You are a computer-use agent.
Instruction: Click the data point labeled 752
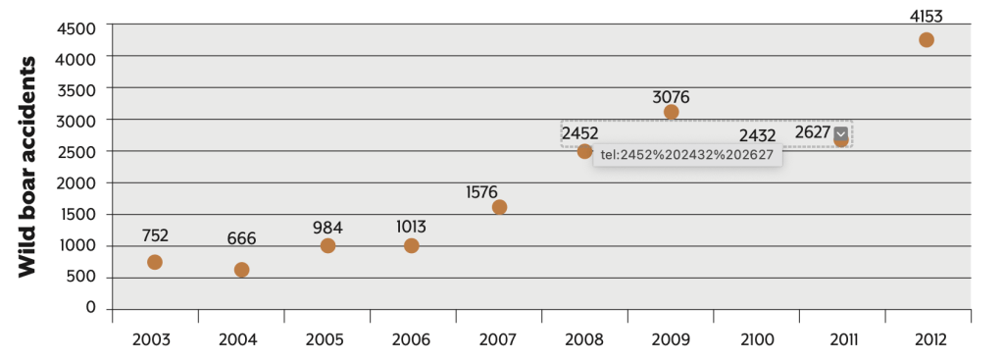pos(154,262)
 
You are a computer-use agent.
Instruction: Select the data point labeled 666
pos(241,270)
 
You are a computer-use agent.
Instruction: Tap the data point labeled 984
pos(327,245)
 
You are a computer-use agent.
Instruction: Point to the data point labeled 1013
pos(411,245)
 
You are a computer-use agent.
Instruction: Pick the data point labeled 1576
pos(499,207)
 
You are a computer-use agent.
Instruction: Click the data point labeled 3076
pos(671,112)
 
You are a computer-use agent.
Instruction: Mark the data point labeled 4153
pos(926,40)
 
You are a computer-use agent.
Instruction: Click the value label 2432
pos(757,134)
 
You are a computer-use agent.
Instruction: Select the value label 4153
pos(926,16)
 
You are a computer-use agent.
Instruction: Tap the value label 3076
pos(671,97)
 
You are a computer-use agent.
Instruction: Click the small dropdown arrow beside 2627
pos(841,133)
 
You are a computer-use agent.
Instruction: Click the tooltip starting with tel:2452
pos(687,155)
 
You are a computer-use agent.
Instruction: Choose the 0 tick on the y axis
pos(91,308)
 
